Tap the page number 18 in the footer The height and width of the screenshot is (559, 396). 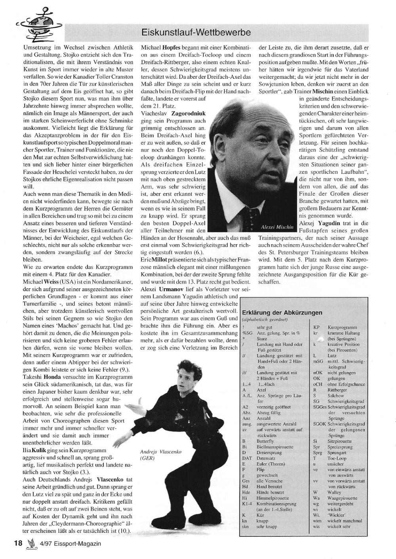(x=17, y=543)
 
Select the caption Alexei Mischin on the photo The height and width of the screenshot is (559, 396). (x=277, y=227)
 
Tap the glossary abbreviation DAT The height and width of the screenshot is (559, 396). (x=246, y=458)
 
